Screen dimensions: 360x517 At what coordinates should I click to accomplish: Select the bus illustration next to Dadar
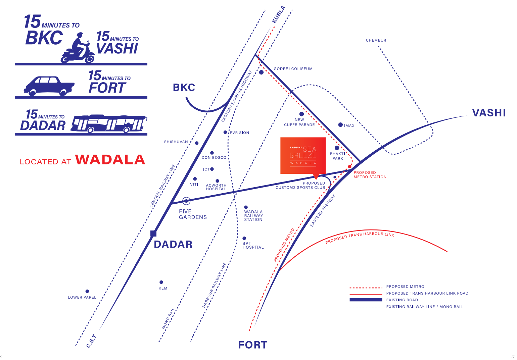pyautogui.click(x=109, y=124)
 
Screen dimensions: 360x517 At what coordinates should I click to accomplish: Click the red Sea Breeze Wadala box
pyautogui.click(x=303, y=156)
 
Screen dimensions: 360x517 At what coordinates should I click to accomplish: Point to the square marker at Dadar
pyautogui.click(x=153, y=234)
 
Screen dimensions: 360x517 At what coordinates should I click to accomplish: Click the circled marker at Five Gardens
pyautogui.click(x=186, y=201)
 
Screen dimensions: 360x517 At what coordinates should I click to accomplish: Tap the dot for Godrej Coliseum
pyautogui.click(x=261, y=72)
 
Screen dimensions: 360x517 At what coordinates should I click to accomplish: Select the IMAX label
pyautogui.click(x=349, y=126)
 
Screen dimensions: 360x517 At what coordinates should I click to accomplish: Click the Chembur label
pyautogui.click(x=376, y=40)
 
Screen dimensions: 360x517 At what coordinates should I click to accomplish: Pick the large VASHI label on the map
pyautogui.click(x=489, y=113)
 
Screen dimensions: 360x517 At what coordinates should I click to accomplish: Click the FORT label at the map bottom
pyautogui.click(x=252, y=345)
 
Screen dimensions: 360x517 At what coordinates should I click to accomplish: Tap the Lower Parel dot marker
pyautogui.click(x=87, y=291)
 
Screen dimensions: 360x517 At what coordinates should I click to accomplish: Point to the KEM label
pyautogui.click(x=163, y=288)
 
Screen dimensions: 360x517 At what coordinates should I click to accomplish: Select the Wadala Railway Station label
pyautogui.click(x=253, y=216)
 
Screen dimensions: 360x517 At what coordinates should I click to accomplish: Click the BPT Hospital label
pyautogui.click(x=253, y=245)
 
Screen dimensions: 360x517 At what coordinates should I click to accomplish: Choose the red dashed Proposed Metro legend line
pyautogui.click(x=366, y=288)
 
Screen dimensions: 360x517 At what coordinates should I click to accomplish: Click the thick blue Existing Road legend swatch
pyautogui.click(x=366, y=300)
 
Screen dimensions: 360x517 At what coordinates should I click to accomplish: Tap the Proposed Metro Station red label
pyautogui.click(x=370, y=175)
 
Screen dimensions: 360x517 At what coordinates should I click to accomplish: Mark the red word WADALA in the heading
pyautogui.click(x=110, y=160)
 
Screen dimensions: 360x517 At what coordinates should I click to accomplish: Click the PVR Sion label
pyautogui.click(x=239, y=133)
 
